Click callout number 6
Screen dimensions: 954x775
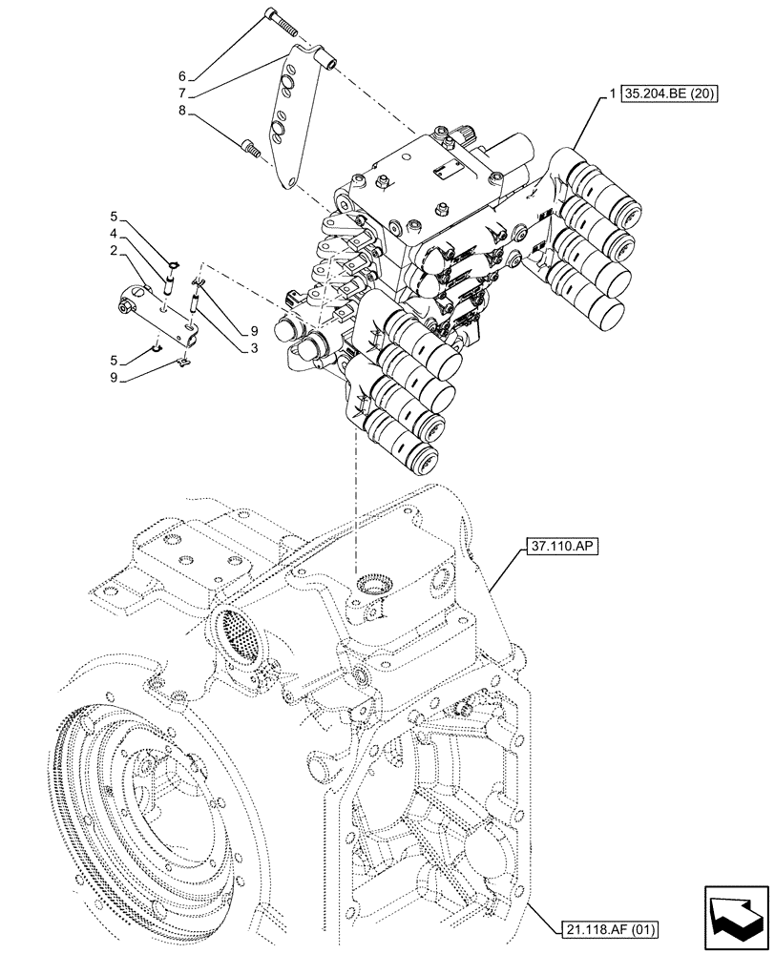180,76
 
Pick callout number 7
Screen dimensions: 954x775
180,93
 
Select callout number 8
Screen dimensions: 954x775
180,112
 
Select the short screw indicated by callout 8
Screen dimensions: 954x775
250,148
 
